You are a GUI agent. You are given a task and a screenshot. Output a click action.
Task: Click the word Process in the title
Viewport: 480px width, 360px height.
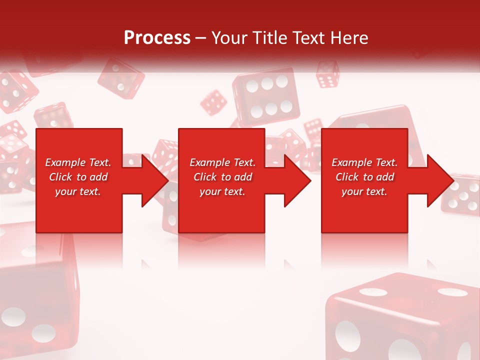click(157, 38)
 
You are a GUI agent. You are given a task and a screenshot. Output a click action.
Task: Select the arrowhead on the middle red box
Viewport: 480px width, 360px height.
click(296, 180)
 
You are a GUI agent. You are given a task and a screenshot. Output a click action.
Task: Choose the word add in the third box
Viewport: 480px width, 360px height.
click(385, 177)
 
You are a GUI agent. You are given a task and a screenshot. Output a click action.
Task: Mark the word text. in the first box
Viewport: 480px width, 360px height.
click(89, 191)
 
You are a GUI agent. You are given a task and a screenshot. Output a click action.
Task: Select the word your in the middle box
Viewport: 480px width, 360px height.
click(210, 191)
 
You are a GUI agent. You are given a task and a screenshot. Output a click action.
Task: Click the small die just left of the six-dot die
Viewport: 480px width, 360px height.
click(213, 102)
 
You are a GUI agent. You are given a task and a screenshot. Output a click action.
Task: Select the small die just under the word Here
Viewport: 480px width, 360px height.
click(328, 74)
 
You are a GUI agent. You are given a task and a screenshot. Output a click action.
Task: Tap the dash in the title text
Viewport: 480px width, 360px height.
click(201, 38)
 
